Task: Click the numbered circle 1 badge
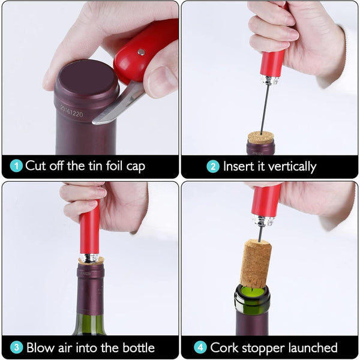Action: (x=16, y=166)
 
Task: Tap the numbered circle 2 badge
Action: (x=213, y=166)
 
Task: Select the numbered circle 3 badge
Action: (x=17, y=347)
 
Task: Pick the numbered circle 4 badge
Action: (x=200, y=347)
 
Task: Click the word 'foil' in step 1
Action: (x=114, y=166)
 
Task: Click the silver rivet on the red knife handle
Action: (x=141, y=52)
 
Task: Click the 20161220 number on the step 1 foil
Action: (x=71, y=111)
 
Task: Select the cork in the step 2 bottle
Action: (x=261, y=137)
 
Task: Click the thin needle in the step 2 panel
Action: (x=265, y=109)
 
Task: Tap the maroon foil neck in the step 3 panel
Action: (x=90, y=289)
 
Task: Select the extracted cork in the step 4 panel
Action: (x=256, y=263)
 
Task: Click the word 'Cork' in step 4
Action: (x=224, y=347)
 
